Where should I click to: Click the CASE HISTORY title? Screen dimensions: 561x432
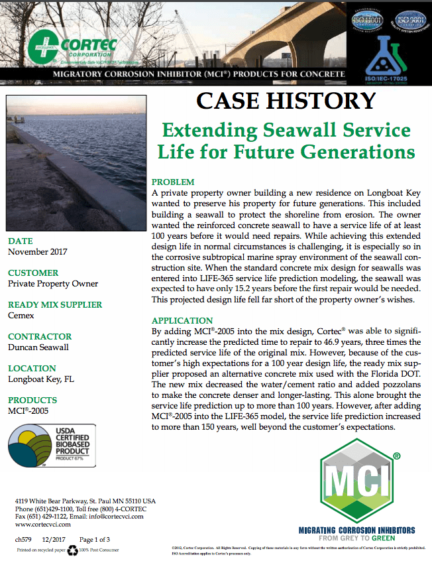coord(286,100)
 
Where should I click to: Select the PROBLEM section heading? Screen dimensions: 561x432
coord(173,182)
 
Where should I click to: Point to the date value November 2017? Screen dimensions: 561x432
coord(42,252)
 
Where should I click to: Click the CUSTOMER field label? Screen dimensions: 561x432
coord(33,273)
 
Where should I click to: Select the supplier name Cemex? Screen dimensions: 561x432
coord(21,316)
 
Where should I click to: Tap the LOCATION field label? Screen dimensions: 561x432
coord(32,368)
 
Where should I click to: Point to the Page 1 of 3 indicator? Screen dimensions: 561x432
coord(95,540)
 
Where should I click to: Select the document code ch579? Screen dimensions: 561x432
coord(24,540)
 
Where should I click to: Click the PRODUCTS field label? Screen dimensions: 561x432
coord(32,401)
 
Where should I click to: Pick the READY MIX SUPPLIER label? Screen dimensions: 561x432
coord(55,304)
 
